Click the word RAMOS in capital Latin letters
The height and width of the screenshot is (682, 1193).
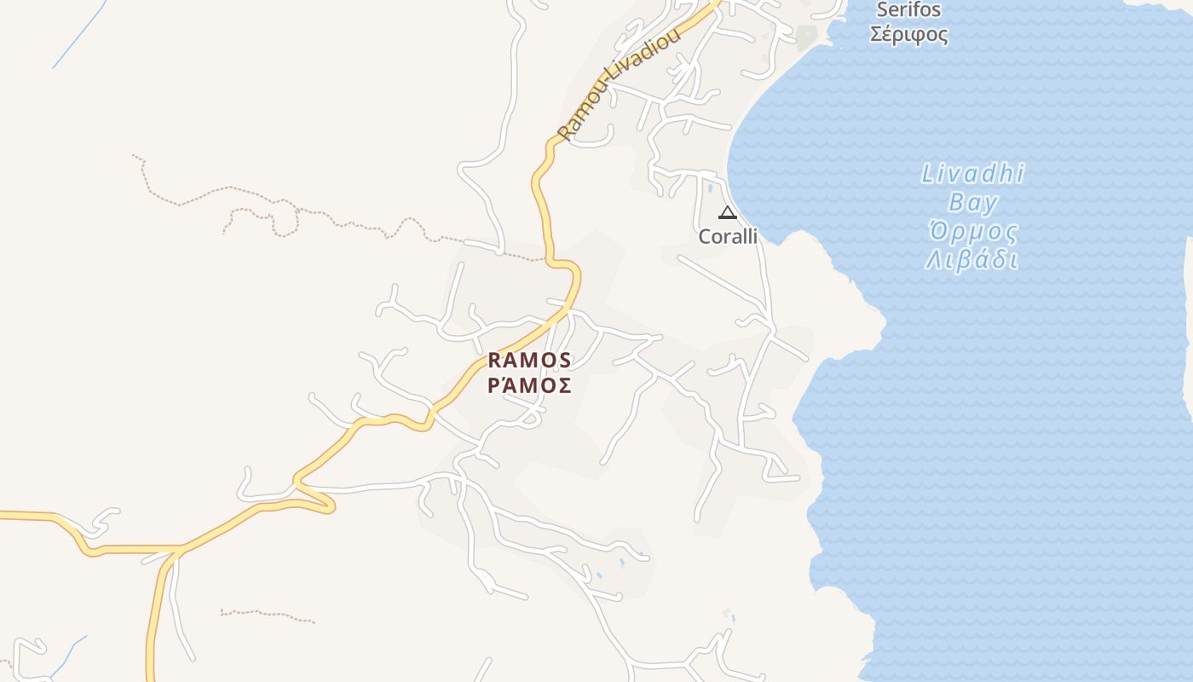529,360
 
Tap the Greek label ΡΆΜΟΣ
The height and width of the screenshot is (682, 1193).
529,385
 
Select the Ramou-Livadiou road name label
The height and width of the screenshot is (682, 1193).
620,84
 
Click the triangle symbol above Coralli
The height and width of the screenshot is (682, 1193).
727,212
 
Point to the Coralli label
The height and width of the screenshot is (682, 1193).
728,236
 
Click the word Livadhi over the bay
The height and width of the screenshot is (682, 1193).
972,175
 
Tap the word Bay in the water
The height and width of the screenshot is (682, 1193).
972,203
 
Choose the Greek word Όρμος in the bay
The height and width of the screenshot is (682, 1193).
972,231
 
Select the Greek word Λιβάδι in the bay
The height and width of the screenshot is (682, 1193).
972,259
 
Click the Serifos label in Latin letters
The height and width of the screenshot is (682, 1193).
908,10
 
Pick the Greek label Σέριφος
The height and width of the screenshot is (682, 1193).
908,35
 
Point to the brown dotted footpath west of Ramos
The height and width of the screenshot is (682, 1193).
281,205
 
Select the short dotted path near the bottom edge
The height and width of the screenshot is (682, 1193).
266,614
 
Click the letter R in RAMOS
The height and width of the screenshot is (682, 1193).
494,360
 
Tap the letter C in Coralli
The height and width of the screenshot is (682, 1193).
705,236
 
